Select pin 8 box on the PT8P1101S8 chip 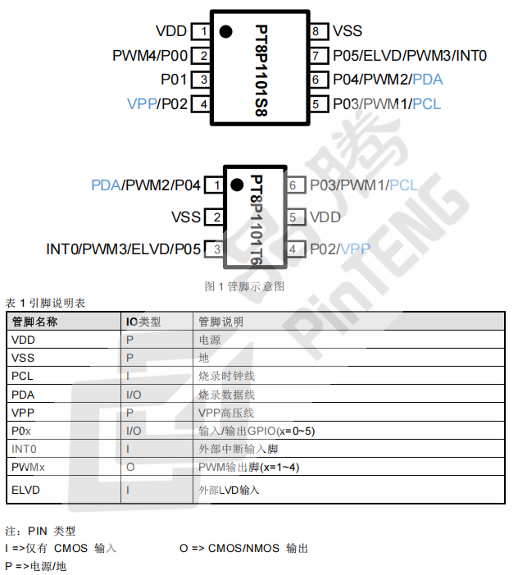pyautogui.click(x=317, y=32)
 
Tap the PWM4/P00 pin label pyautogui.click(x=150, y=56)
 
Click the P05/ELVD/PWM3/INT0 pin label pyautogui.click(x=410, y=56)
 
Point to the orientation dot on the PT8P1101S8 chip pyautogui.click(x=225, y=32)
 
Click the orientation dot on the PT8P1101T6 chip pyautogui.click(x=237, y=185)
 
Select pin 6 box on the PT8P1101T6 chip pyautogui.click(x=293, y=185)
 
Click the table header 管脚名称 pyautogui.click(x=34, y=322)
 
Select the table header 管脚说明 pyautogui.click(x=221, y=322)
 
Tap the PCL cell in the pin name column pyautogui.click(x=22, y=376)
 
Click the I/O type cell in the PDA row pyautogui.click(x=134, y=395)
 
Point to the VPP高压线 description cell pyautogui.click(x=226, y=413)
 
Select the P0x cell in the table pyautogui.click(x=20, y=431)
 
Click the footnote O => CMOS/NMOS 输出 pyautogui.click(x=243, y=548)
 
